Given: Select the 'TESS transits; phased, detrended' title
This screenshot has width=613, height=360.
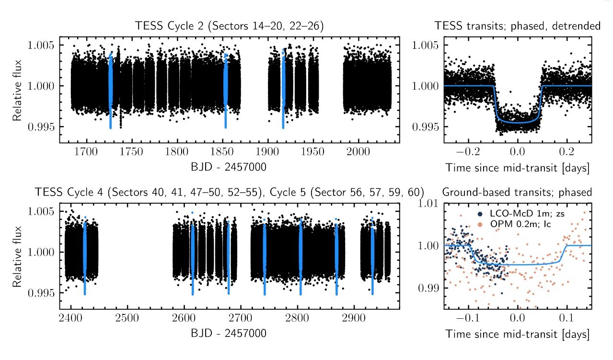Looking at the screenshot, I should (x=517, y=26).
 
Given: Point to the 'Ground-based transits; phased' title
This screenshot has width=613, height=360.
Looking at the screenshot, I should (x=517, y=192).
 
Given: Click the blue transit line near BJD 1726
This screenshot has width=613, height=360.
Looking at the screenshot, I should (x=110, y=91).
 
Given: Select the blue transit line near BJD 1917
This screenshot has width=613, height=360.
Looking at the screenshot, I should (x=283, y=91).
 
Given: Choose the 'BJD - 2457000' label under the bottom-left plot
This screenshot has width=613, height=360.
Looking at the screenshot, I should (x=229, y=333).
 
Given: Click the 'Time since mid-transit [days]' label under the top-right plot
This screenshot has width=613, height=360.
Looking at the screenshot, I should (x=517, y=167).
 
